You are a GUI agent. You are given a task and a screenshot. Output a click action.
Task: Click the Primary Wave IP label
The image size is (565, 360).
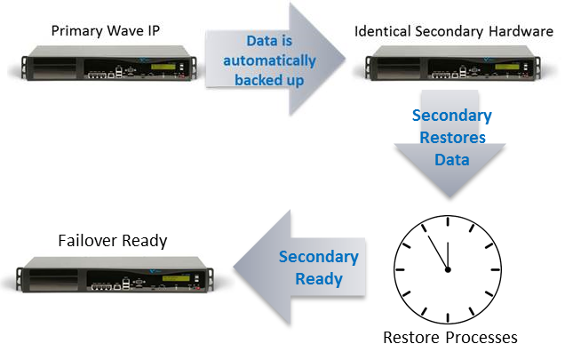(x=106, y=30)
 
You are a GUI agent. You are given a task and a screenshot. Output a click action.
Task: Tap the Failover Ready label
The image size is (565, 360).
(x=113, y=240)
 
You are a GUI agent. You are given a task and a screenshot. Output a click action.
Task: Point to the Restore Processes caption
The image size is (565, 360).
(x=450, y=338)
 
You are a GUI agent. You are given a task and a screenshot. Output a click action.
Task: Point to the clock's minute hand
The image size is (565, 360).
(x=438, y=252)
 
